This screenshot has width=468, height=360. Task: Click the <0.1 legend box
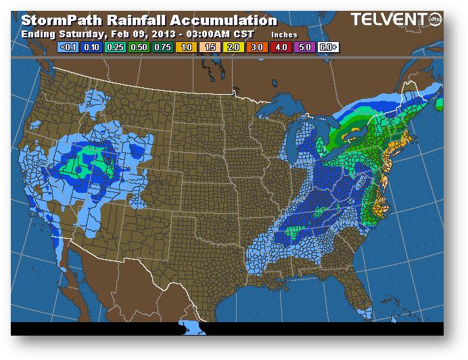68,47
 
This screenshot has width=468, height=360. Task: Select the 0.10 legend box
92,47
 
